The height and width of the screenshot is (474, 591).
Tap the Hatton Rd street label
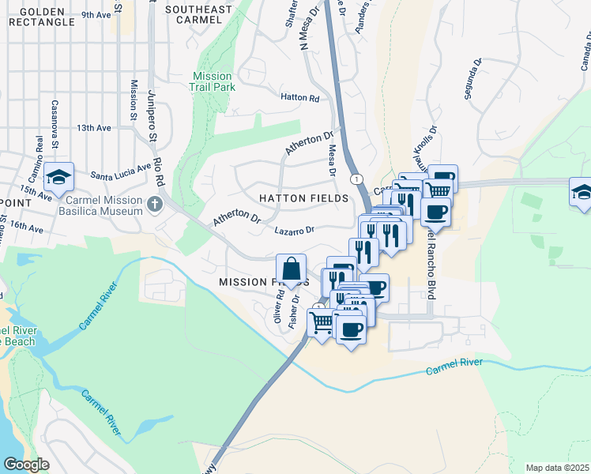coord(299,99)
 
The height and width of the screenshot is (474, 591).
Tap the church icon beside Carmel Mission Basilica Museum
coord(155,205)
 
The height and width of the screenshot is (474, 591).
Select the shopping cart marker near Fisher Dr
coord(321,322)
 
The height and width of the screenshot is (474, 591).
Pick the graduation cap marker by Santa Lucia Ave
coord(58,177)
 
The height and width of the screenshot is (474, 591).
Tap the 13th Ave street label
coord(94,128)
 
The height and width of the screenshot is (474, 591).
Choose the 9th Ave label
coord(96,15)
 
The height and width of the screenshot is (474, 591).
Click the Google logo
coord(26,465)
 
